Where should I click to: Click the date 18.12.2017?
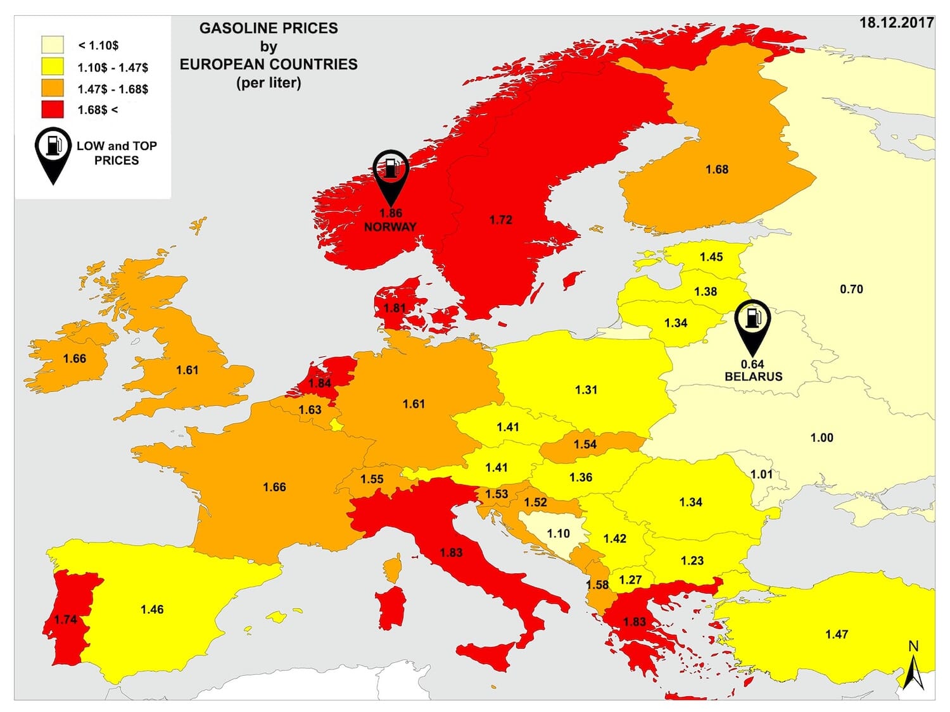pos(896,23)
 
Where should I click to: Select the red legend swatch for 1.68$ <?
pos(53,109)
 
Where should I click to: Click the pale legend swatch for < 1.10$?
pos(53,45)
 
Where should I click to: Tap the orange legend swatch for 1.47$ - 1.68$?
pos(53,88)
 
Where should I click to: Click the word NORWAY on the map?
pos(390,227)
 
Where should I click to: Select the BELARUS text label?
pos(753,377)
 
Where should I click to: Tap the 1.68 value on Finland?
pos(717,170)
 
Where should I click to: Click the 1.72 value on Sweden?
pos(500,220)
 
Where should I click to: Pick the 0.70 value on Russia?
pos(851,289)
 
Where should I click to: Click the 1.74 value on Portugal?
pos(66,620)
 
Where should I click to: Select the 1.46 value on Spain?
pos(152,609)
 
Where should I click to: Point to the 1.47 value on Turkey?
pos(837,634)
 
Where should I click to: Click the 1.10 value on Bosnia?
pos(558,534)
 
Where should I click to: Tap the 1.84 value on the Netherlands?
pos(320,383)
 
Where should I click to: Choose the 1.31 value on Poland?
pos(586,390)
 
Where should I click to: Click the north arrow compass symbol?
pos(913,671)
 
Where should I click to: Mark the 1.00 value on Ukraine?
pos(821,438)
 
